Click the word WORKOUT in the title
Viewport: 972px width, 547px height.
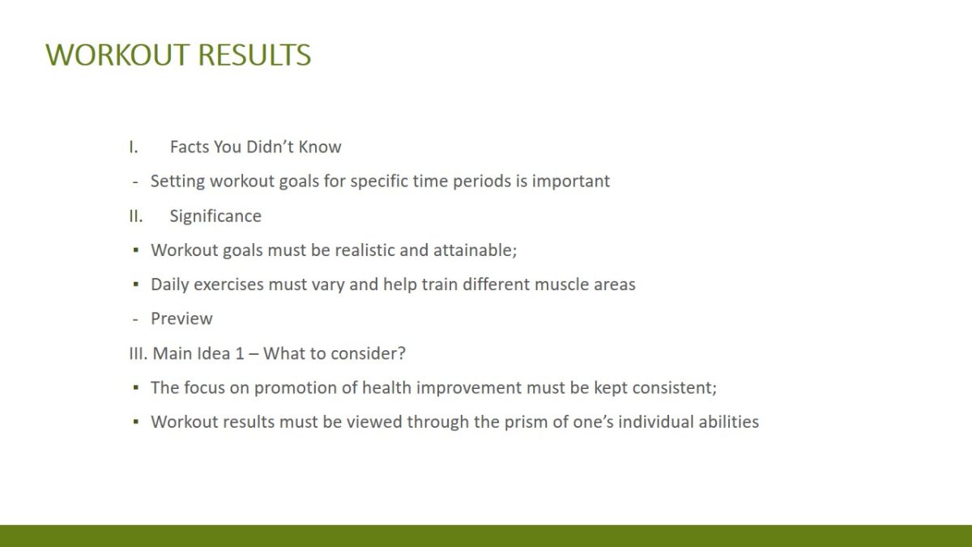point(117,55)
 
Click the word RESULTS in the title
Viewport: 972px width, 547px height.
point(254,55)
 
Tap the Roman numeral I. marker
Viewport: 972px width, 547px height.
point(133,147)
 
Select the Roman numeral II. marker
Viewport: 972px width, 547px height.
point(136,216)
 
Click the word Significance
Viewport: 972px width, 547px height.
point(215,216)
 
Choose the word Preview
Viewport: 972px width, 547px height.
point(181,318)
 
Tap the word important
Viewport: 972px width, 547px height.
point(570,182)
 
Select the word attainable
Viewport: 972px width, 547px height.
point(475,250)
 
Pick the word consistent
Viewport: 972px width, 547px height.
point(674,387)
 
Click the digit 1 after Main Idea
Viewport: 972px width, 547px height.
point(240,353)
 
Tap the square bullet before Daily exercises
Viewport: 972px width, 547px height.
point(136,284)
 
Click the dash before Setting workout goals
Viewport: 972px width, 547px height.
point(135,182)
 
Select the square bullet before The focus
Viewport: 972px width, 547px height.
point(136,387)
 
